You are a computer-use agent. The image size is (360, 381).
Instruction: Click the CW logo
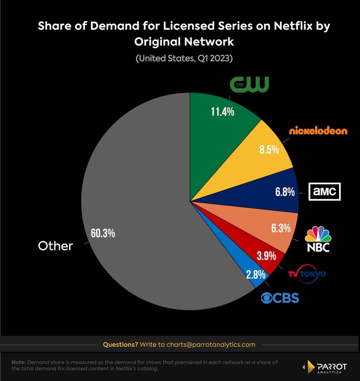coord(250,84)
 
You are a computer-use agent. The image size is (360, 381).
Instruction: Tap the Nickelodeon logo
coord(318,131)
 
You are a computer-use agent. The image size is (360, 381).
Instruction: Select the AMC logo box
coord(325,192)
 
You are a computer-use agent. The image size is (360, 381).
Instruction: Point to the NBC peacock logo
coord(318,239)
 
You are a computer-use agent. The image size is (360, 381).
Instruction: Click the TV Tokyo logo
coord(307,274)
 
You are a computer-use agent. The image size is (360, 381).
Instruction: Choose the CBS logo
coord(280,298)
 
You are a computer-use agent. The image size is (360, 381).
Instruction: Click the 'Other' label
coord(55,246)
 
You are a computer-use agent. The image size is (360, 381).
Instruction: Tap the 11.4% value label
coord(222,112)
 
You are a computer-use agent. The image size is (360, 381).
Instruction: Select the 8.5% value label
coord(269,150)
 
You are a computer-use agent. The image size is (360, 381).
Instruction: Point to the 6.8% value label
coord(285,192)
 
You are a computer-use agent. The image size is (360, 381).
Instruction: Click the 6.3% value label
coord(281,228)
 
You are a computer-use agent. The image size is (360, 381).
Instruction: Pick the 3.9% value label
coord(267,256)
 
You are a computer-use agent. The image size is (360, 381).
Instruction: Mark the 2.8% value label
coord(256,275)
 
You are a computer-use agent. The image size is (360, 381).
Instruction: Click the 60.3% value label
coord(103,233)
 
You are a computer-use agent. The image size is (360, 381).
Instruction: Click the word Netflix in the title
coord(293,26)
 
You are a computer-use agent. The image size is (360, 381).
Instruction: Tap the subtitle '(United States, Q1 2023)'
coord(184,58)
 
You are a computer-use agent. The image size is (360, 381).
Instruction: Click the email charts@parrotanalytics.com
coord(211,345)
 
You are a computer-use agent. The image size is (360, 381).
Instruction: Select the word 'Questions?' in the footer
coord(120,345)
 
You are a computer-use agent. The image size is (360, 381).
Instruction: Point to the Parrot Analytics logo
coord(325,367)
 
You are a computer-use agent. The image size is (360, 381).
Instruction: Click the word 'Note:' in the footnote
coord(19,362)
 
